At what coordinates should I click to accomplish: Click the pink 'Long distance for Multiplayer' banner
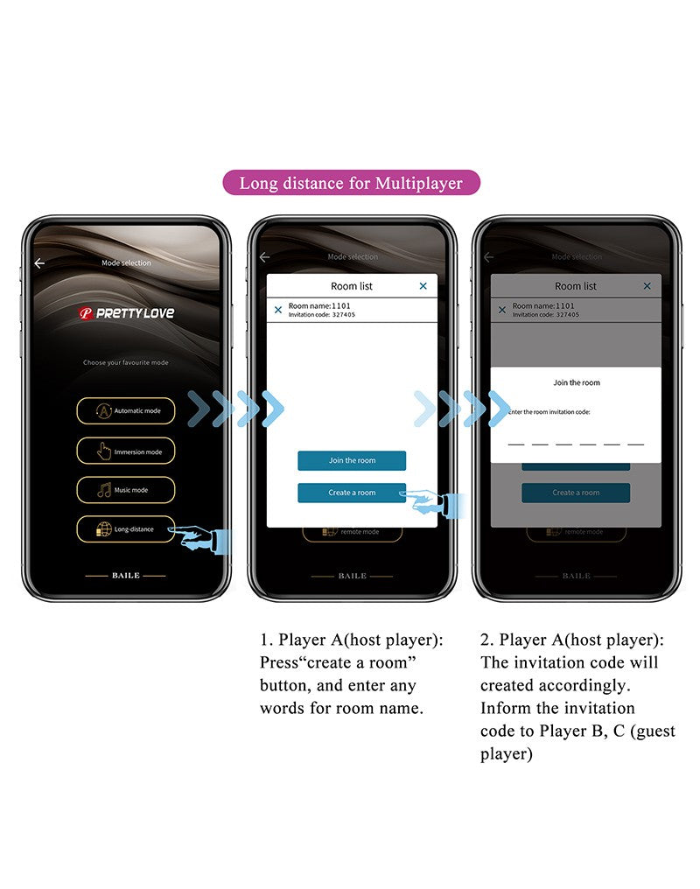point(350,183)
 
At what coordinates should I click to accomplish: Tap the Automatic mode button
point(125,410)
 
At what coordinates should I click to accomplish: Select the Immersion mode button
point(125,451)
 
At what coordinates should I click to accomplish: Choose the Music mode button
point(125,490)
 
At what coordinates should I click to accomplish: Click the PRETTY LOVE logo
point(127,313)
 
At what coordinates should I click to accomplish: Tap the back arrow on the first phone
point(39,263)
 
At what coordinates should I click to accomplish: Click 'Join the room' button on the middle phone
point(352,461)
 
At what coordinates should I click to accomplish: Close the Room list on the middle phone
point(423,286)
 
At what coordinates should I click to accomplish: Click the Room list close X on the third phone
point(647,286)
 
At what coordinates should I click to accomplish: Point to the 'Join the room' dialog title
point(577,382)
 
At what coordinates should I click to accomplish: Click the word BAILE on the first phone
point(126,576)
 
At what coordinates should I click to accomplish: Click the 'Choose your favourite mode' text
point(126,362)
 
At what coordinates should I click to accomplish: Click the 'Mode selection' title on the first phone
point(127,263)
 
